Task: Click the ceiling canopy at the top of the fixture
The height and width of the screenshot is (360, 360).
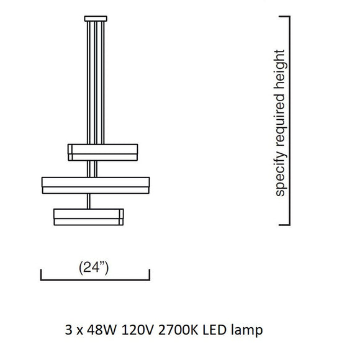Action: click(96, 19)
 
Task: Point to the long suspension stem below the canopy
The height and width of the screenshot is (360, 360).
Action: click(96, 83)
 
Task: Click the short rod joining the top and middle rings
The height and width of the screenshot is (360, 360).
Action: click(92, 169)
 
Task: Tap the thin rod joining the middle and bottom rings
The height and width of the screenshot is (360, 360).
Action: click(89, 201)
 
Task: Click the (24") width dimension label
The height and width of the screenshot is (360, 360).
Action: click(94, 268)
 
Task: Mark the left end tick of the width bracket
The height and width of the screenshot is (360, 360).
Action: click(41, 274)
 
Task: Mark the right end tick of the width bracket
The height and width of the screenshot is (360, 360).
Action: click(150, 274)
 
